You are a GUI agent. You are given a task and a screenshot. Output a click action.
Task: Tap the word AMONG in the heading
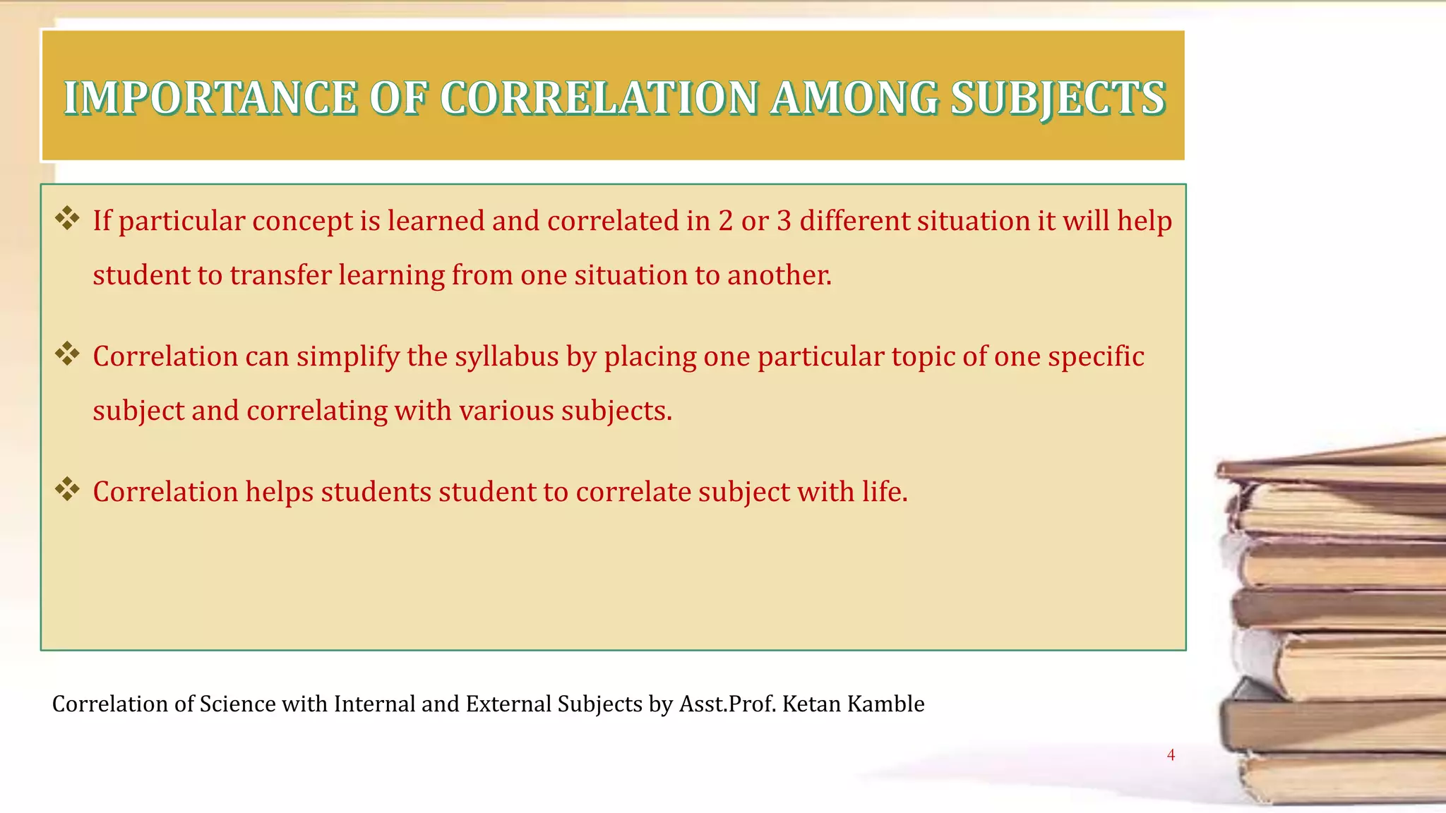(x=854, y=98)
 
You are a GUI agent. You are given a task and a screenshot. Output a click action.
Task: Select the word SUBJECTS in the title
(x=1057, y=98)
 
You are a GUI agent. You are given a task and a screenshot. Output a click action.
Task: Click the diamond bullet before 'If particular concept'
(x=67, y=219)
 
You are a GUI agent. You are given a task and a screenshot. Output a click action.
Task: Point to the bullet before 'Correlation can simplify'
(x=67, y=354)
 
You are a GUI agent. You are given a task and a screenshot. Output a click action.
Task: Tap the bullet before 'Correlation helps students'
(x=67, y=490)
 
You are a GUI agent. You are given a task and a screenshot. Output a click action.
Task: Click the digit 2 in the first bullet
(x=726, y=222)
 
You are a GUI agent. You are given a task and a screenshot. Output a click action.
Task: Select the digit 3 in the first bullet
(x=784, y=222)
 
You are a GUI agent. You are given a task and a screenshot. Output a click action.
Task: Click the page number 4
(x=1171, y=755)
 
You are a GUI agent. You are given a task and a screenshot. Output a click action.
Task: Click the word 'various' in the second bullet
(x=506, y=411)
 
